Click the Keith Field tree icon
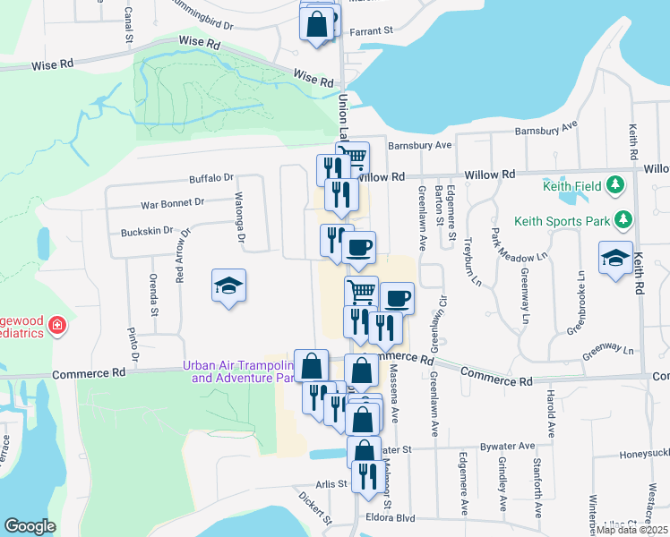coord(615,185)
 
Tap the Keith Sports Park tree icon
coord(624,219)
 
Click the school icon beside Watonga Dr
coord(229,286)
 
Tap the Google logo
coord(30,526)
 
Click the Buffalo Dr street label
coord(210,178)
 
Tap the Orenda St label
coord(154,294)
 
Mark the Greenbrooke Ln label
coord(581,303)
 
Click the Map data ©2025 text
coord(631,530)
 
